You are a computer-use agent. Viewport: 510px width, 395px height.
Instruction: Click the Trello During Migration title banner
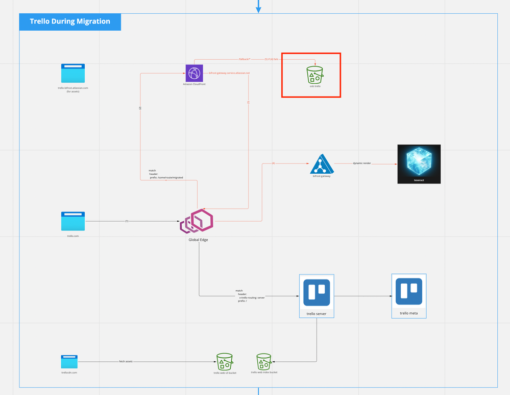tap(70, 21)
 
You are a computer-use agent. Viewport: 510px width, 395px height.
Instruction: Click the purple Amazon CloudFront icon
tap(194, 73)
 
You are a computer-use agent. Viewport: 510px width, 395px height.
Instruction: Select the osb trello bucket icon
tap(315, 75)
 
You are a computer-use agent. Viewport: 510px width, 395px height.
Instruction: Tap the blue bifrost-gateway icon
tap(321, 164)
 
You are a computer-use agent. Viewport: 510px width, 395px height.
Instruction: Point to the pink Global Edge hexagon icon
tap(198, 221)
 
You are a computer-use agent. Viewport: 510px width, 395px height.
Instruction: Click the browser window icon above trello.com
tap(73, 221)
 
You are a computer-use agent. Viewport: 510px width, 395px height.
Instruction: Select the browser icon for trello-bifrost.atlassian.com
tap(73, 74)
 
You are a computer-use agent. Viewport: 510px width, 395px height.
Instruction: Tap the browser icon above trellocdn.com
tap(69, 362)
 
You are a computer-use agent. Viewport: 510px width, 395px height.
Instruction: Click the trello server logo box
tap(317, 293)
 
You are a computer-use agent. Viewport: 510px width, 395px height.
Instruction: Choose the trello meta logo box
tap(409, 292)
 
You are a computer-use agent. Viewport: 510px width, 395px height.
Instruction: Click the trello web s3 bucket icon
tap(225, 362)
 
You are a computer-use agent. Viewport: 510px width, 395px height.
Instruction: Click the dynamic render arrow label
tap(362, 164)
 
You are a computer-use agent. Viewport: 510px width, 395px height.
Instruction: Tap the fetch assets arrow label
tap(126, 362)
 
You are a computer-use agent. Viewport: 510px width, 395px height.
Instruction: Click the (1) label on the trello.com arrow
tap(127, 221)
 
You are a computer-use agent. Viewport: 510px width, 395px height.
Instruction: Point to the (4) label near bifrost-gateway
tap(273, 164)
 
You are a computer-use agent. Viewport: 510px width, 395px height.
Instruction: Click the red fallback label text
tap(245, 59)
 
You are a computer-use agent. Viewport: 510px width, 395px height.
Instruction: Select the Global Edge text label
tap(198, 240)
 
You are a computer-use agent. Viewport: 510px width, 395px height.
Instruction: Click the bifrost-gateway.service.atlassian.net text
tap(229, 73)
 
